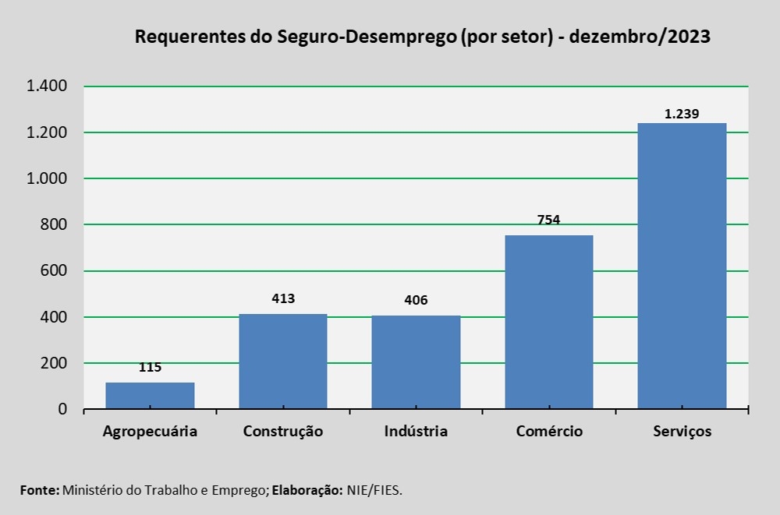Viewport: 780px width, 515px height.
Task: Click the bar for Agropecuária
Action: point(150,395)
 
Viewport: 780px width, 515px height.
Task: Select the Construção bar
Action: point(282,362)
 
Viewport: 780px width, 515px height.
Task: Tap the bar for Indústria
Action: point(416,362)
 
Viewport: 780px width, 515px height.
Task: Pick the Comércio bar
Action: point(549,322)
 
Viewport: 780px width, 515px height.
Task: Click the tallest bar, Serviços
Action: point(682,266)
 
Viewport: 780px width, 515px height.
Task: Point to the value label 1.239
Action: point(682,114)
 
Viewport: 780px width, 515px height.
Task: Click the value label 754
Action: point(549,219)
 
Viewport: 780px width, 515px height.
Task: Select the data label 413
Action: point(283,298)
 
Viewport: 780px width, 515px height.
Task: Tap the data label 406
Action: point(416,300)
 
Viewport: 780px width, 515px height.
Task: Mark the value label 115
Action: point(150,367)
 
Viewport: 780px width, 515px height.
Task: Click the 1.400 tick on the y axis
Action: point(48,86)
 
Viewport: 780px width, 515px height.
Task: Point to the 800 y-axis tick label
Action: point(55,225)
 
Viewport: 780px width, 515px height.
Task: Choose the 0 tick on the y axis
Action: point(63,409)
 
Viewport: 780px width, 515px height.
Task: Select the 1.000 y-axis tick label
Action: point(48,178)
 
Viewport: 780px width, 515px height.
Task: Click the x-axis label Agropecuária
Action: point(150,432)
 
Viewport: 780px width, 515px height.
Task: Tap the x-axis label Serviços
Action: point(682,432)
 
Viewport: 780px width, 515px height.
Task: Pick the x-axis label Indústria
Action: point(416,431)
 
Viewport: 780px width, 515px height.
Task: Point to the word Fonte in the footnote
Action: point(38,489)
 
